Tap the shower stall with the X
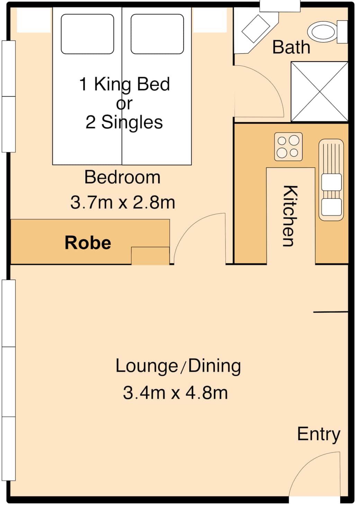[x=319, y=92]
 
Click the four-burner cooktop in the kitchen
[x=288, y=147]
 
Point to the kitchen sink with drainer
[x=331, y=180]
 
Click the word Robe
[x=88, y=243]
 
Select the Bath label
[x=291, y=47]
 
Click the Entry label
[x=318, y=434]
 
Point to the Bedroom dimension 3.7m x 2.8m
[x=123, y=202]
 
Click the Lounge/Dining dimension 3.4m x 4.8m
[x=175, y=393]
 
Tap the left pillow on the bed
[x=87, y=34]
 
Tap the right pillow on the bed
[x=157, y=34]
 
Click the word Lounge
[x=147, y=366]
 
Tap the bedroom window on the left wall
[x=9, y=96]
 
